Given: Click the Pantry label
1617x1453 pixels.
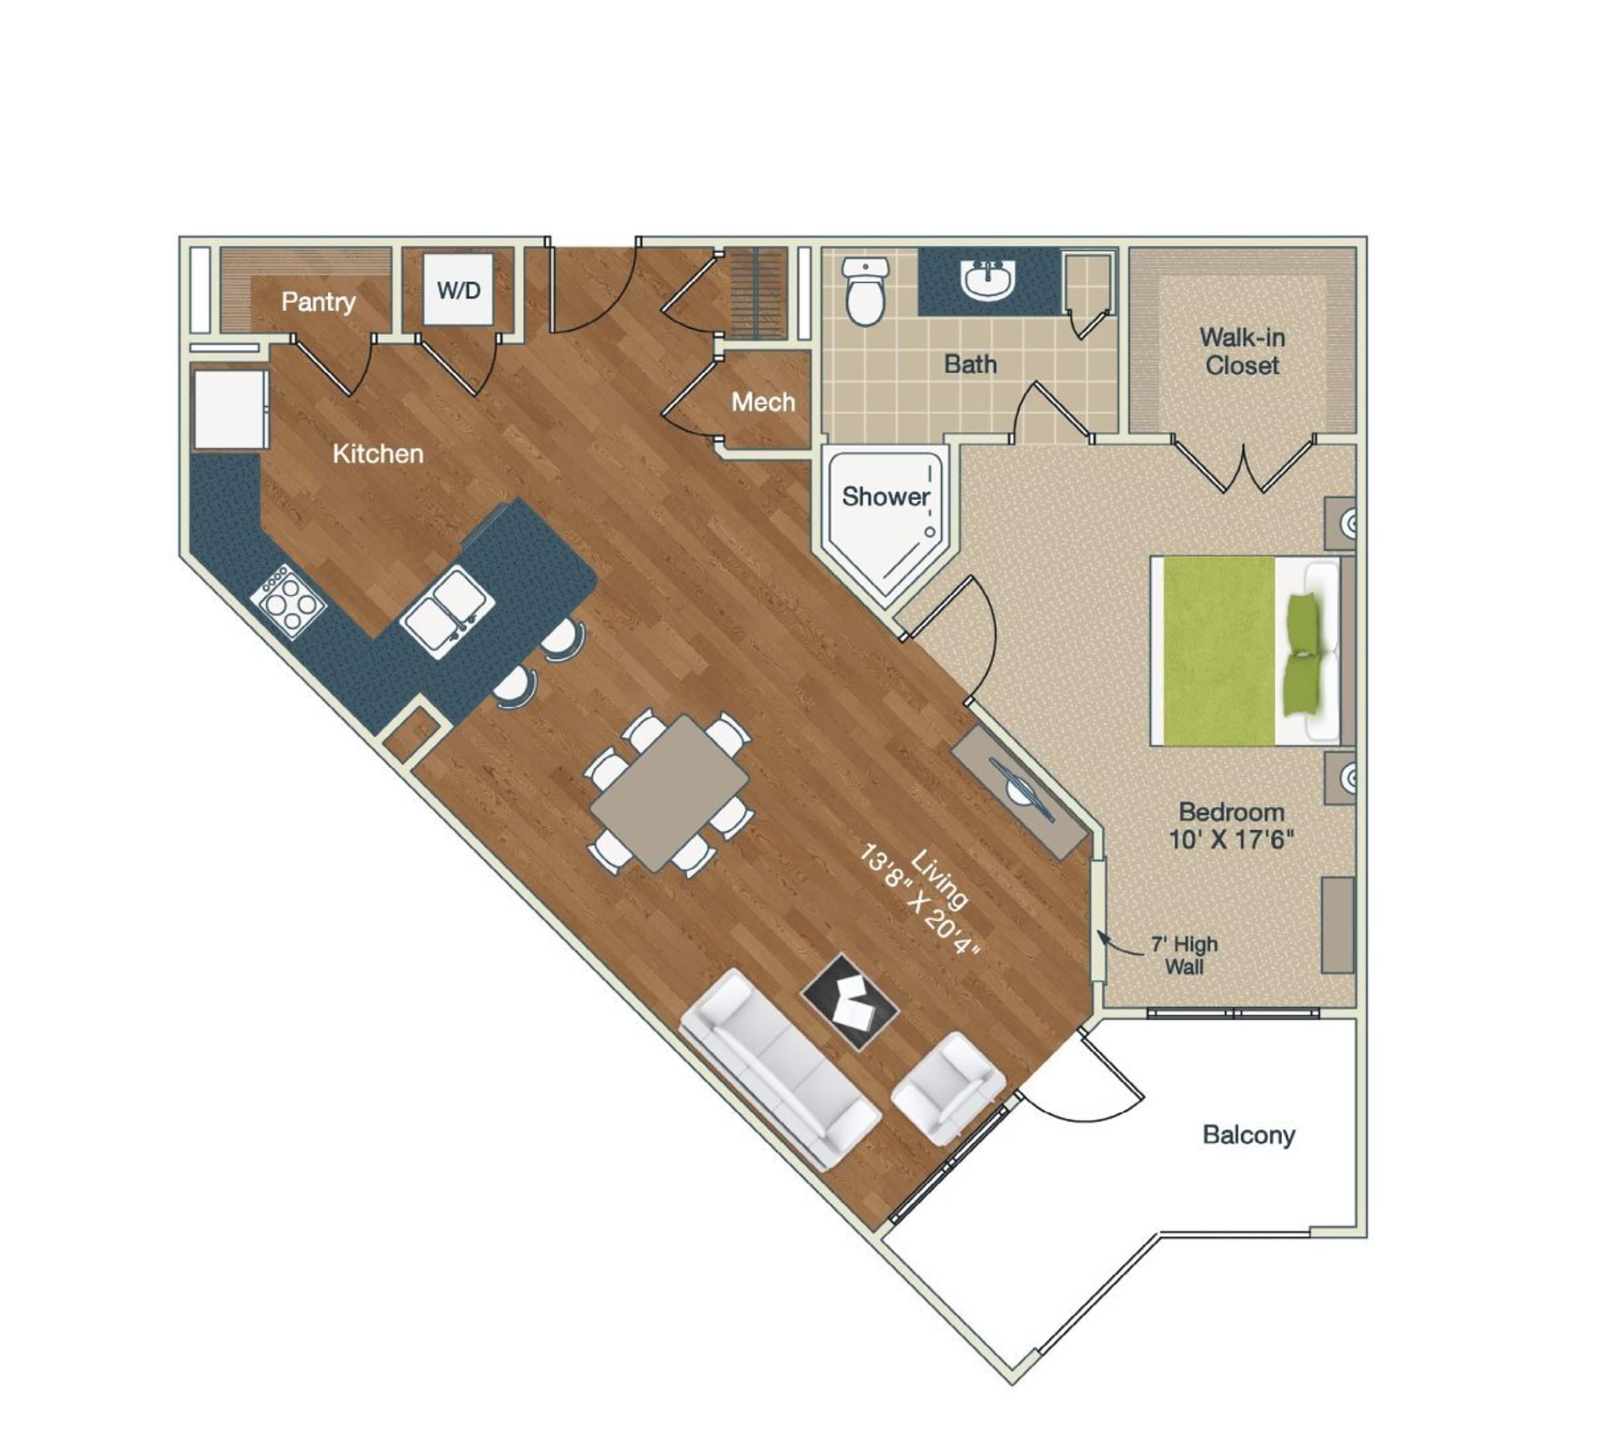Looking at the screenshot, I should coord(318,302).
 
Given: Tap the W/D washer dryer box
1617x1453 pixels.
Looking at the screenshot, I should coord(458,290).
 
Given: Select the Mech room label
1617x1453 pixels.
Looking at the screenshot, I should coord(763,401).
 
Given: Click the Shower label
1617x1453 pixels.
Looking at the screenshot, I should coord(885,496).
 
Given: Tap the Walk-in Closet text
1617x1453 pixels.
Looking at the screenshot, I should coord(1242,351).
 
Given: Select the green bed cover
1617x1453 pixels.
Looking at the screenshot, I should coord(1217,651).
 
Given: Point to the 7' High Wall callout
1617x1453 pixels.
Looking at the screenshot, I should coord(1183,955).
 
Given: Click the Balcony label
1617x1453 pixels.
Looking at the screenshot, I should coord(1248,1134).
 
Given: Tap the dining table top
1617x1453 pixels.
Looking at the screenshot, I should coord(669,793).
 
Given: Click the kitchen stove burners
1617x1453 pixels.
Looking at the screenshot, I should coord(288,600).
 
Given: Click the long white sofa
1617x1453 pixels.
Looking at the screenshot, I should coord(779,1070).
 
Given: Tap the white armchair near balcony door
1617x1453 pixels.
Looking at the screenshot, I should coord(947,1087).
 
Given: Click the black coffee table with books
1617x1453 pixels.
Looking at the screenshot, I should coord(850,1001).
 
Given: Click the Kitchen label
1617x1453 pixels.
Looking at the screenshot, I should coord(378,453).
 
